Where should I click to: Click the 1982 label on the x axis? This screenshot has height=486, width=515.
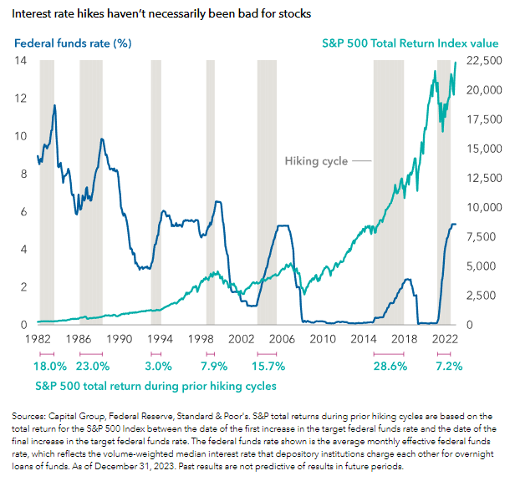click(38, 339)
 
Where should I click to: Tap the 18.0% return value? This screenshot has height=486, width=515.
click(50, 367)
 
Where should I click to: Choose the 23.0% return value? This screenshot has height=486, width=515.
click(93, 367)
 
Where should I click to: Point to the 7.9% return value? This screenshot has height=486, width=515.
click(214, 367)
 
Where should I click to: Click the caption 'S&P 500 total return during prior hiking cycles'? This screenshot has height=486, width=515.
click(156, 386)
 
